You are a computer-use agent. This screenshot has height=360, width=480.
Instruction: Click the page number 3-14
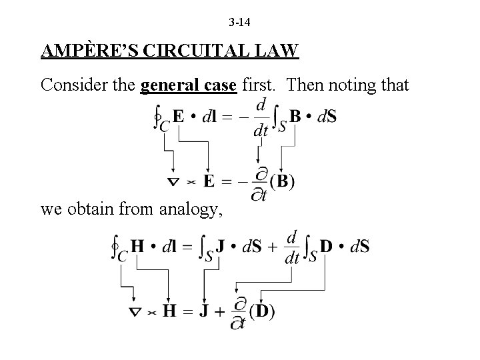(x=239, y=23)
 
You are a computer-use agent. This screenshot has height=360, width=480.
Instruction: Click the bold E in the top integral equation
(x=179, y=117)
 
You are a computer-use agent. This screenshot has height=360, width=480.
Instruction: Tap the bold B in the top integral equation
(x=295, y=116)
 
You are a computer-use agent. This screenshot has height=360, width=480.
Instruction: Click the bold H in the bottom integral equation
(x=138, y=246)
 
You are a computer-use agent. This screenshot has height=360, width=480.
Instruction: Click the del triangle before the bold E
(x=173, y=181)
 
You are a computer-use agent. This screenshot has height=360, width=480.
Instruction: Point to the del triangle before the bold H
(x=135, y=311)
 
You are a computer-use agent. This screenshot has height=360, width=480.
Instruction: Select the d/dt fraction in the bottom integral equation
(x=291, y=246)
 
